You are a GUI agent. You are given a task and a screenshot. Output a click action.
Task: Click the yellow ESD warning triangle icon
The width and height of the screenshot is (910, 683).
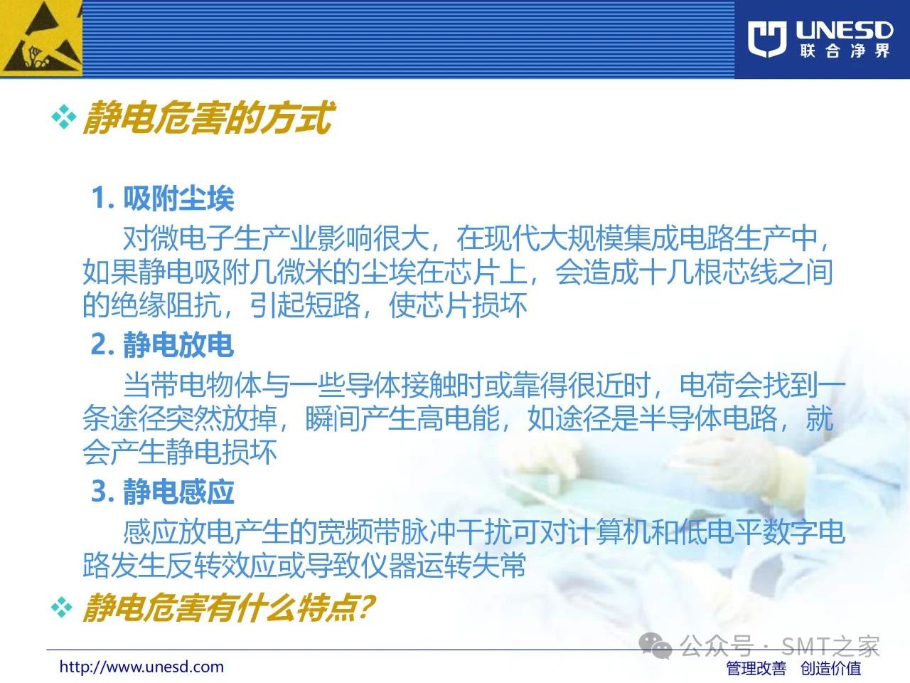click(x=41, y=38)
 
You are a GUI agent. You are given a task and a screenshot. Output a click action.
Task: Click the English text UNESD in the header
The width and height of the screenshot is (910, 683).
click(x=844, y=30)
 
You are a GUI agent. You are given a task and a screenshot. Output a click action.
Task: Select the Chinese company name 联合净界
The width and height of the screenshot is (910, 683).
click(x=845, y=51)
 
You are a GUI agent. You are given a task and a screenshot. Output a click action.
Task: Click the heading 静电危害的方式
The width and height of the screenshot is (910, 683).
click(x=208, y=118)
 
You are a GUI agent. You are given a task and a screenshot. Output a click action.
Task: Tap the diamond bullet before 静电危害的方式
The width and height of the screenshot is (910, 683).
click(x=64, y=117)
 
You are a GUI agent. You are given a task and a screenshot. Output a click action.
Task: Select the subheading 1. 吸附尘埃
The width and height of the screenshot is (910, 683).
click(x=163, y=198)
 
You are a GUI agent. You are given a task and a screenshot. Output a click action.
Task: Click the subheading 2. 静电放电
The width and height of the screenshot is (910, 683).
click(x=163, y=344)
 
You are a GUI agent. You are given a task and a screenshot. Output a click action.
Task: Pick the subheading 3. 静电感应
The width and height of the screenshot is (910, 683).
click(x=163, y=492)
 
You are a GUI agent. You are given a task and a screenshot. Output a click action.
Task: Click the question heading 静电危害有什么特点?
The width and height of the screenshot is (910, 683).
click(x=229, y=608)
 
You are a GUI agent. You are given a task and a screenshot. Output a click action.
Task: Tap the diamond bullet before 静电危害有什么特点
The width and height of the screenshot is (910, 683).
click(x=62, y=608)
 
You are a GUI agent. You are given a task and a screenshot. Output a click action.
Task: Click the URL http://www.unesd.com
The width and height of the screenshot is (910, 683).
click(x=141, y=667)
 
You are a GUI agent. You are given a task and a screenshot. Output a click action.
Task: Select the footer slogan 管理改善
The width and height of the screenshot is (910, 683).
click(x=756, y=668)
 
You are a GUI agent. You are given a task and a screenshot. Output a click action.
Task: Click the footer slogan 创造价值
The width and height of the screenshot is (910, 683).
click(x=830, y=668)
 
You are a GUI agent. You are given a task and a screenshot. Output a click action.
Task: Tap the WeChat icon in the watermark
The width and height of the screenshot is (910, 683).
click(x=655, y=646)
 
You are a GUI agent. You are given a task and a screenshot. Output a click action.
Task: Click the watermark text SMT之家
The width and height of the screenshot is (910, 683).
click(x=830, y=646)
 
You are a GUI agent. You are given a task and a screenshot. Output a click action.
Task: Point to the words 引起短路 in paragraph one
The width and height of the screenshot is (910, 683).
click(x=305, y=305)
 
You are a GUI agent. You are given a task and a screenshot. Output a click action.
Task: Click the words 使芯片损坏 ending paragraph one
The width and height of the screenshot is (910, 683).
click(x=458, y=305)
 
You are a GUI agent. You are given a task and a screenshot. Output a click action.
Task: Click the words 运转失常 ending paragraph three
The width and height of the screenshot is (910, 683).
click(x=471, y=565)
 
